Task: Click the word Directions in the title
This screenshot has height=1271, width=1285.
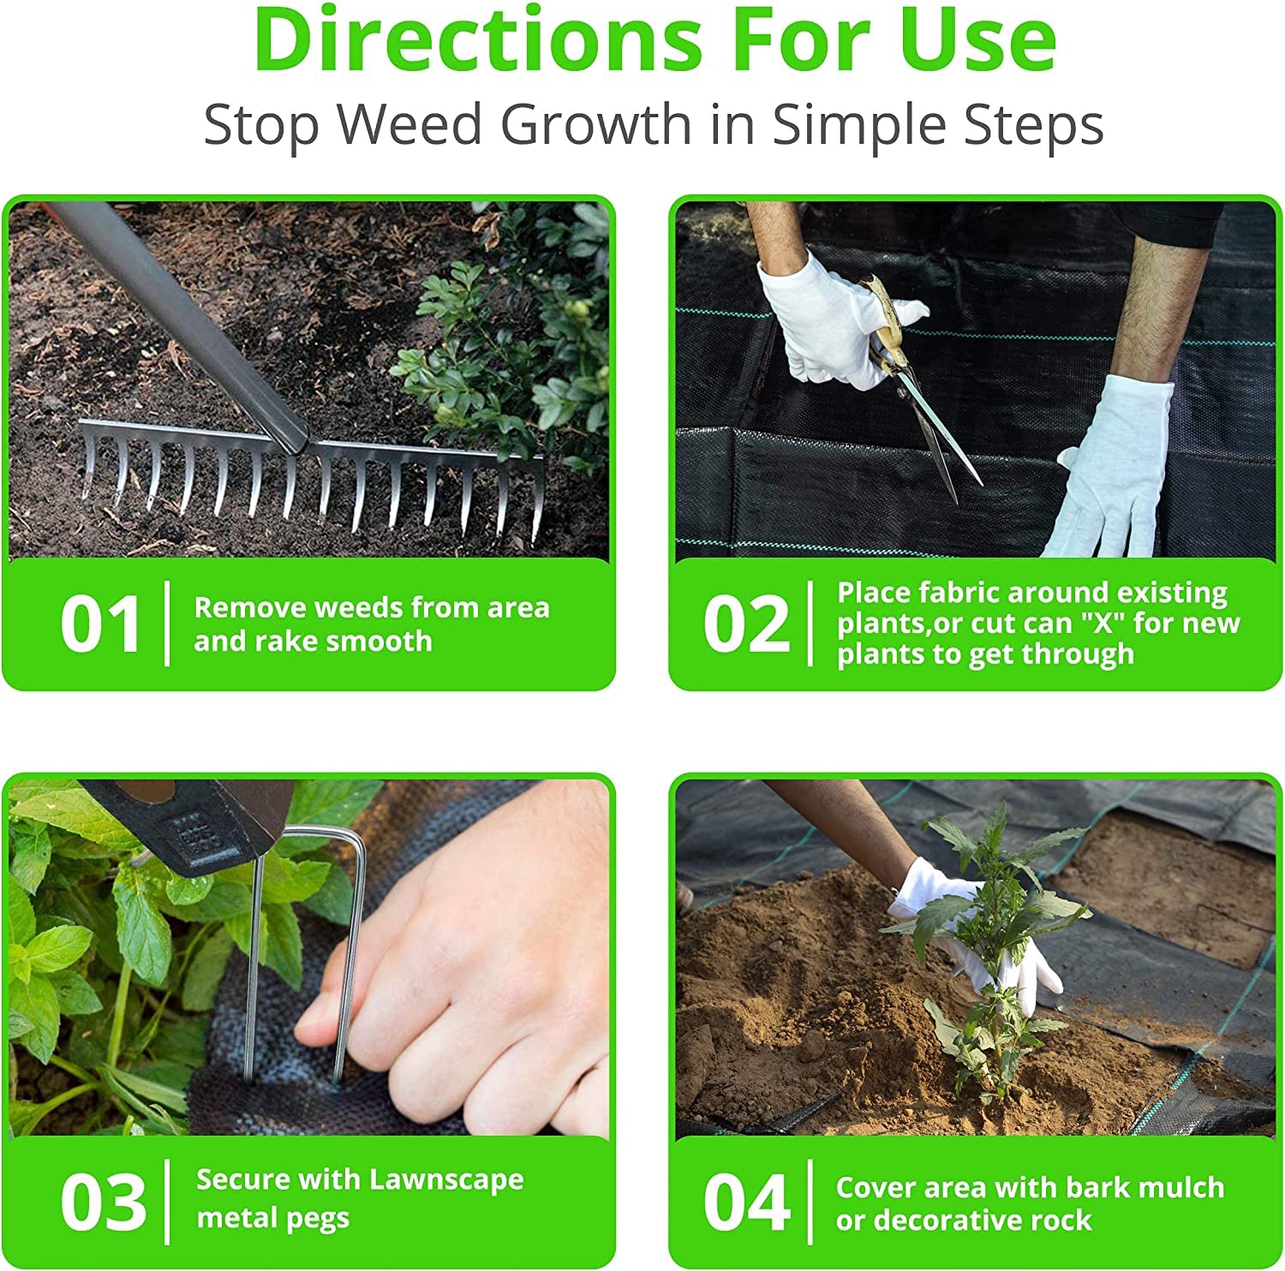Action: click(477, 39)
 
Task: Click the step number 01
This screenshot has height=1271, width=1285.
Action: click(100, 624)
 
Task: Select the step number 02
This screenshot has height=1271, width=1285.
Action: click(746, 624)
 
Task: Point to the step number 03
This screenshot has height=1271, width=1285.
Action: click(103, 1202)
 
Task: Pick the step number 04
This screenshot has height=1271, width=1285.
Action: click(746, 1202)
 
